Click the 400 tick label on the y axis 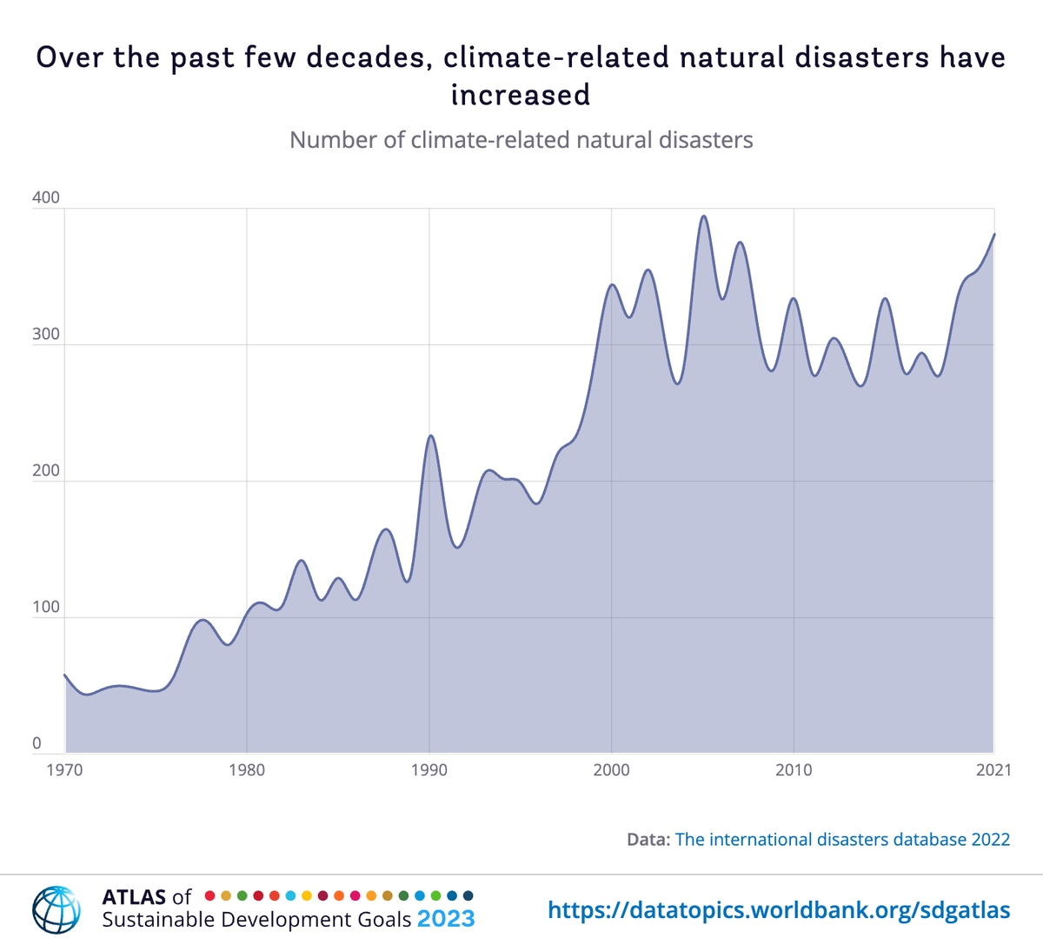pos(46,197)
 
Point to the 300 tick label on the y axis pos(46,335)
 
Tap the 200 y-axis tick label pos(46,471)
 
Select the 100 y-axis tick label pos(46,607)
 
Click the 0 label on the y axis pos(37,743)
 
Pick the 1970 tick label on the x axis pos(64,770)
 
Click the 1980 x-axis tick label pos(247,770)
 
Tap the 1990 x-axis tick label pos(429,770)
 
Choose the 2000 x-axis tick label pos(611,770)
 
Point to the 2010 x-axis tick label pos(794,770)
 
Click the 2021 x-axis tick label pos(993,770)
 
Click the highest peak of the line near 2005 pos(704,216)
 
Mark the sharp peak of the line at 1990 pos(430,436)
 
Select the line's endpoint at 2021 pos(994,234)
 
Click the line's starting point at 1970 pos(65,675)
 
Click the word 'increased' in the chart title pos(521,94)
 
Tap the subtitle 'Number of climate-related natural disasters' pos(521,140)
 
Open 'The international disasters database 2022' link pos(842,839)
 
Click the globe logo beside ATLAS pos(56,908)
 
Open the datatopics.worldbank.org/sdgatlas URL pos(779,910)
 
